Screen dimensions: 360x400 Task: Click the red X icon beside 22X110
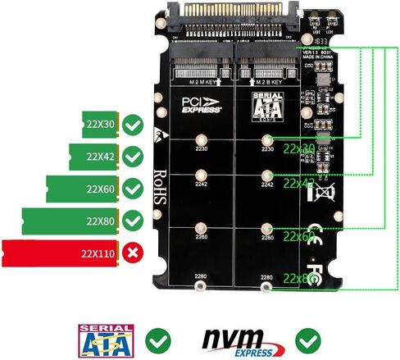(134, 252)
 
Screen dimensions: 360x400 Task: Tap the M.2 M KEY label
(202, 83)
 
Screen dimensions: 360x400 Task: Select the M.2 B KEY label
(270, 83)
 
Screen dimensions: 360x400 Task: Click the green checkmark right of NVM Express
(309, 339)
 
